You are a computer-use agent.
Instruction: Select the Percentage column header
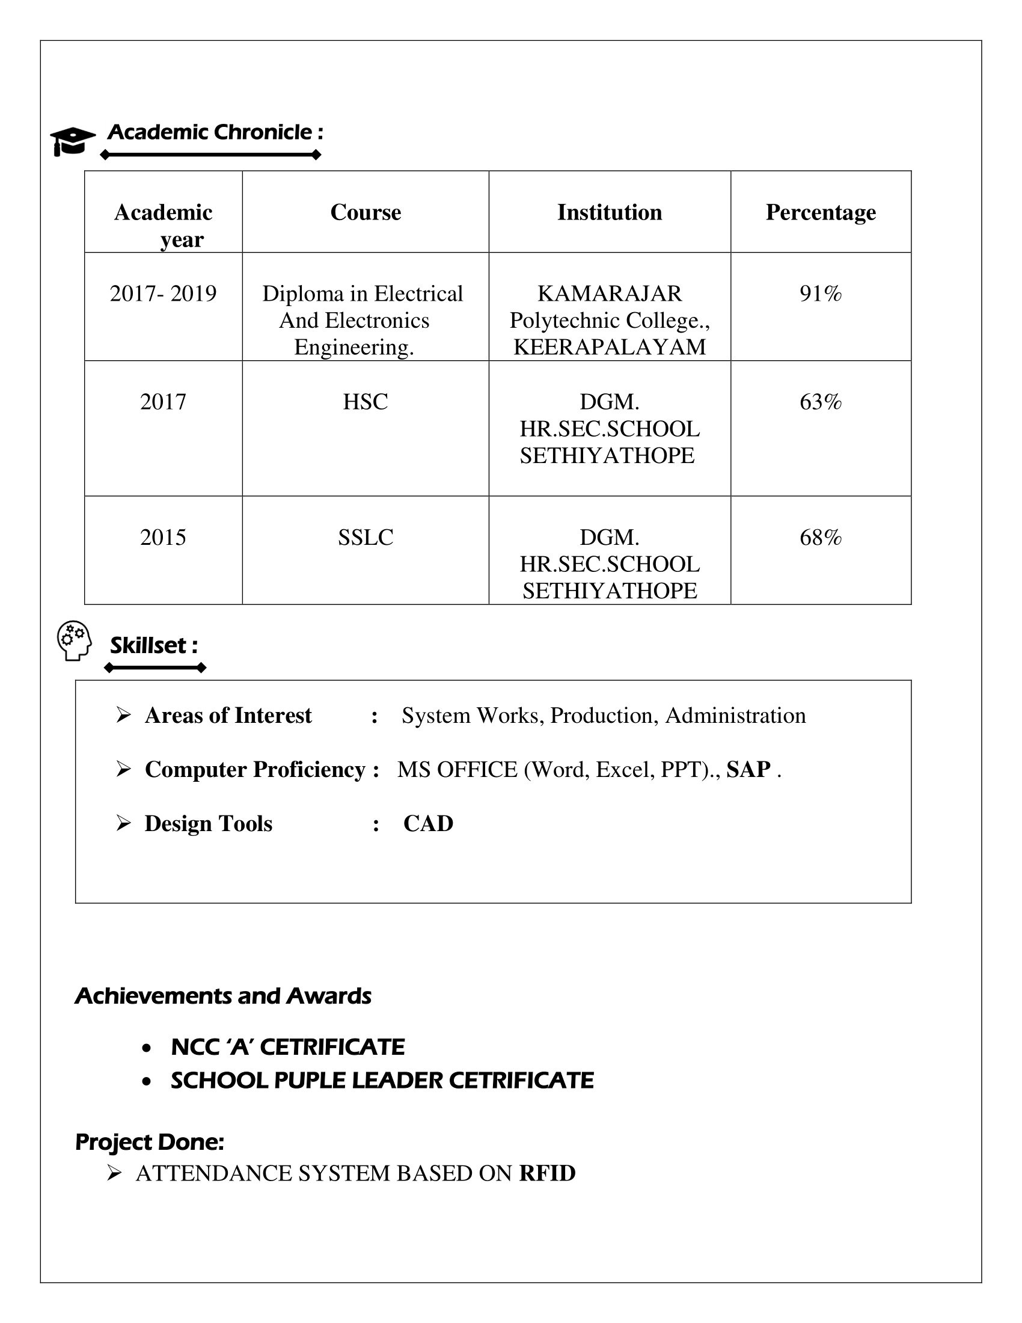[x=821, y=212]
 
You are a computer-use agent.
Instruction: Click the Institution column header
[x=609, y=212]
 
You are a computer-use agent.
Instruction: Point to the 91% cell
[x=821, y=293]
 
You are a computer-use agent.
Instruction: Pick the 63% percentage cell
[x=821, y=402]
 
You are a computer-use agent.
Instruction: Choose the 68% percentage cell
[x=821, y=536]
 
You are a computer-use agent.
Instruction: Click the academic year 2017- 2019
[x=163, y=293]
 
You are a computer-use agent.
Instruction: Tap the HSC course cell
[x=365, y=402]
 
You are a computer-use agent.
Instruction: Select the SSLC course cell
[x=365, y=536]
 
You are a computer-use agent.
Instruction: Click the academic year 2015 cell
[x=163, y=536]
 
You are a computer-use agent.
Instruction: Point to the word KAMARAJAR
[x=609, y=293]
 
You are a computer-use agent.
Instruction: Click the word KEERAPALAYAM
[x=609, y=347]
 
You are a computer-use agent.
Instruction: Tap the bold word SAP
[x=748, y=769]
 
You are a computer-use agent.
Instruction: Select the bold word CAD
[x=428, y=823]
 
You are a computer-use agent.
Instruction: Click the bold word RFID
[x=546, y=1173]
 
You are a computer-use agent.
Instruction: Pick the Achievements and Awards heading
[x=223, y=996]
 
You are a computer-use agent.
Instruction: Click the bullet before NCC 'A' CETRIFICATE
[x=146, y=1048]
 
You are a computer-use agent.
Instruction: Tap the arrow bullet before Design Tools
[x=123, y=823]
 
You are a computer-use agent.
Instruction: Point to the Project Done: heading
[x=150, y=1142]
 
